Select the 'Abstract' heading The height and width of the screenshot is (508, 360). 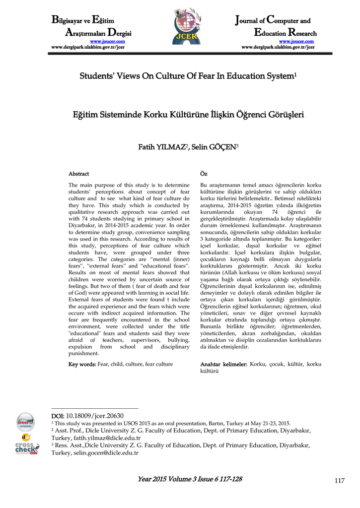pyautogui.click(x=78, y=174)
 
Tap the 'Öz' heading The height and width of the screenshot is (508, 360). pyautogui.click(x=203, y=174)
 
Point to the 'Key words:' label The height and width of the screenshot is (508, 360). pyautogui.click(x=82, y=364)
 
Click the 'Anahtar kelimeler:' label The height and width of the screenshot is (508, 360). pyautogui.click(x=223, y=364)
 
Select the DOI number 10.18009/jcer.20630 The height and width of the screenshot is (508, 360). pyautogui.click(x=95, y=416)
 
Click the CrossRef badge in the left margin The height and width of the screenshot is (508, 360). pyautogui.click(x=25, y=422)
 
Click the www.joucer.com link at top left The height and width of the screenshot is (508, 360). pyautogui.click(x=107, y=42)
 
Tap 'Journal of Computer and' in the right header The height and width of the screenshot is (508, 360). pyautogui.click(x=272, y=21)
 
